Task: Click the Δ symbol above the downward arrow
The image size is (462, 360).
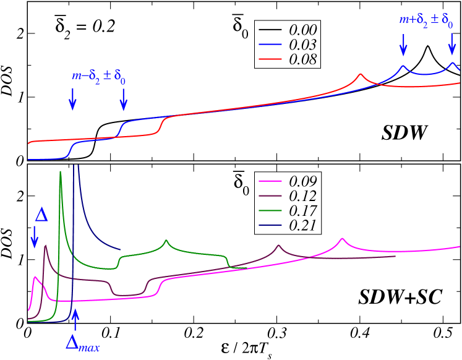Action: tap(41, 215)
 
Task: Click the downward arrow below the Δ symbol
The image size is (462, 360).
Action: tap(35, 237)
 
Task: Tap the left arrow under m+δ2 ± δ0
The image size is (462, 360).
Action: tap(403, 44)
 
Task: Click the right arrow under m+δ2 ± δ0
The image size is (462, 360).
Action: tap(452, 44)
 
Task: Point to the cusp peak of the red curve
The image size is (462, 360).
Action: tap(361, 74)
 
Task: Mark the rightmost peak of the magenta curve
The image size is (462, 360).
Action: tap(342, 238)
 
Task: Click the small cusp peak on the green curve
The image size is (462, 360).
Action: tap(166, 240)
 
